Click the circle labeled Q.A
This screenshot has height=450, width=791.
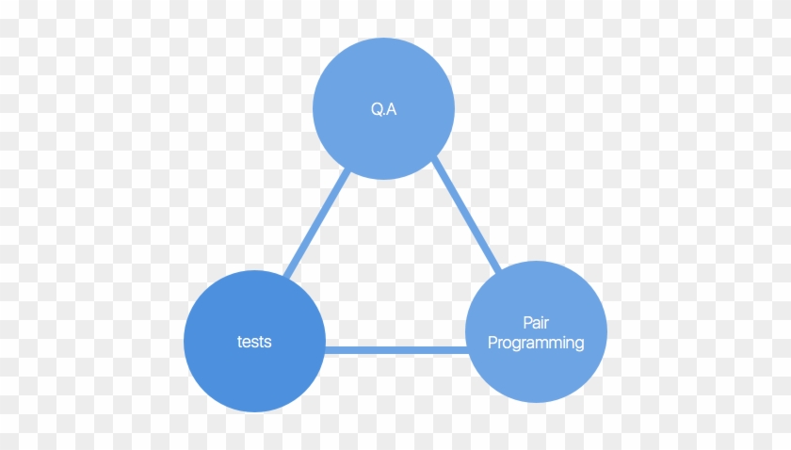tap(383, 108)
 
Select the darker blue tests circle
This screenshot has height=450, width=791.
tap(254, 341)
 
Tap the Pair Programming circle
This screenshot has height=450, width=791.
tap(536, 331)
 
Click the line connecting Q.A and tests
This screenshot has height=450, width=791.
tap(317, 223)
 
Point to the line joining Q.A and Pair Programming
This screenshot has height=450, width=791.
tap(466, 215)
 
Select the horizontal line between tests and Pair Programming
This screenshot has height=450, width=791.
tap(396, 349)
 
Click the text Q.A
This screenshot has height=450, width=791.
tap(383, 109)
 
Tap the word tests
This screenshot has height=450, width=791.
tap(254, 342)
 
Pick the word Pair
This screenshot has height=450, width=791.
tap(536, 322)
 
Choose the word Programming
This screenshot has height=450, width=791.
tap(536, 343)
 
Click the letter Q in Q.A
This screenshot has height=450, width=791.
tap(377, 109)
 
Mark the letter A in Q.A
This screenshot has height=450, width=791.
tap(392, 109)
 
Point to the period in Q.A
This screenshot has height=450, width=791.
tap(384, 114)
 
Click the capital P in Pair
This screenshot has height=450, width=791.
tap(527, 322)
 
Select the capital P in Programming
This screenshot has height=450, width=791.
tap(492, 342)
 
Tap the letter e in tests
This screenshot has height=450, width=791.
tap(247, 343)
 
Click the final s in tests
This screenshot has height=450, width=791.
tap(267, 343)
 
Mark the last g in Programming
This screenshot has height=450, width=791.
tap(580, 346)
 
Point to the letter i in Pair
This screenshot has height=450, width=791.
tap(542, 322)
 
